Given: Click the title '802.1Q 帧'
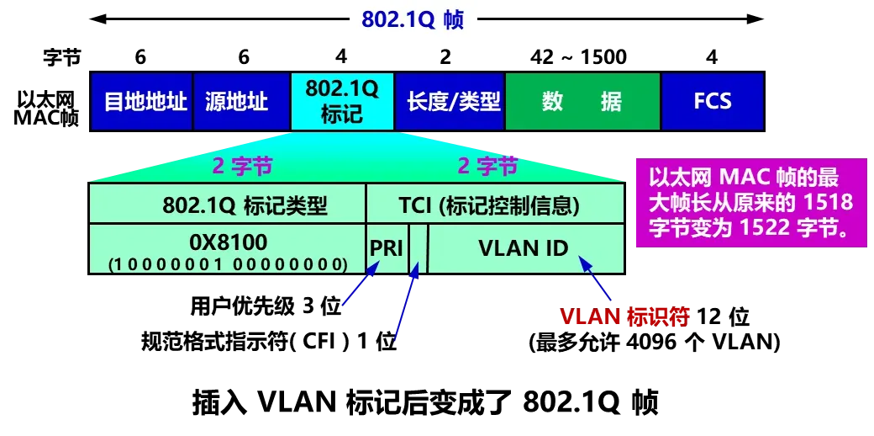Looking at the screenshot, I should click(413, 20).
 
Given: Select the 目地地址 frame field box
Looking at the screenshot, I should click(143, 102).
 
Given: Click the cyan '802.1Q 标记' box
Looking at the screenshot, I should click(342, 102).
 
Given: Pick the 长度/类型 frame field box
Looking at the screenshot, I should click(450, 102).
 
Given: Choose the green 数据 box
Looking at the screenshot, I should click(582, 102).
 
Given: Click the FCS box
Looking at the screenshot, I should click(712, 102).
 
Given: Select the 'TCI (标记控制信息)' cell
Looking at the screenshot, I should click(495, 205).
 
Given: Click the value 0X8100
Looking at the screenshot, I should click(228, 242).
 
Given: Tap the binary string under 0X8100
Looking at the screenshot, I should click(228, 264).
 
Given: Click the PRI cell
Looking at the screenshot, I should click(387, 249).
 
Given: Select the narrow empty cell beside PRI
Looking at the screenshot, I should click(419, 249).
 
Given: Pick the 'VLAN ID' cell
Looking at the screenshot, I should click(524, 249).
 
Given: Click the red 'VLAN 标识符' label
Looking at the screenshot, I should click(624, 317).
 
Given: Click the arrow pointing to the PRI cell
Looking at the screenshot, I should click(359, 286).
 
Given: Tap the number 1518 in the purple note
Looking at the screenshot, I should click(829, 203).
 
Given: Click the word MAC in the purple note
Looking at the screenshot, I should click(740, 178).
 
